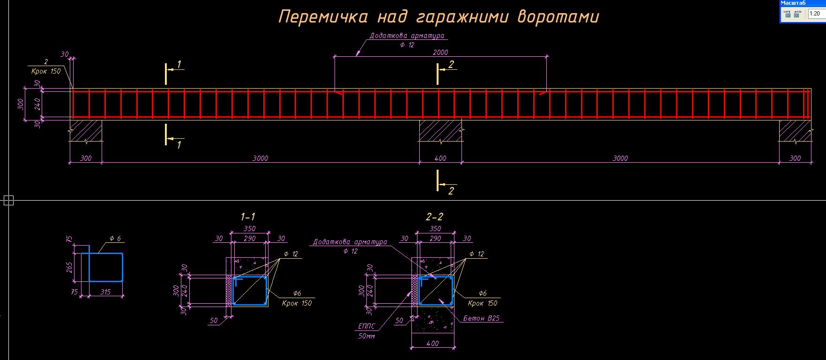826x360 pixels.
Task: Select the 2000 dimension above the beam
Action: [440, 52]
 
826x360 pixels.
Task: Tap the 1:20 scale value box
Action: [816, 14]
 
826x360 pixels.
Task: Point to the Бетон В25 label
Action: [482, 318]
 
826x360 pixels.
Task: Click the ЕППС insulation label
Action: [367, 327]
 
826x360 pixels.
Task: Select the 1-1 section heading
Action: [248, 217]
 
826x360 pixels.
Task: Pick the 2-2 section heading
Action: [434, 217]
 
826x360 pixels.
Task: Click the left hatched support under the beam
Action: [86, 130]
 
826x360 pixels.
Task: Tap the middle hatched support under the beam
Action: [440, 130]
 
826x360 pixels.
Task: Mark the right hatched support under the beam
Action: [795, 130]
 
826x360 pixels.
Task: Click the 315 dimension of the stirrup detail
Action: [106, 292]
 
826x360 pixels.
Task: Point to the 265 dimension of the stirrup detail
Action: [69, 268]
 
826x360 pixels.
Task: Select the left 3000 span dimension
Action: [260, 158]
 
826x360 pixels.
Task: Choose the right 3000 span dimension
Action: [620, 158]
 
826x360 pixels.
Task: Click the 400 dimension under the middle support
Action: [440, 158]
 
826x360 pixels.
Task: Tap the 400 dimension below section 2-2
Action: [433, 344]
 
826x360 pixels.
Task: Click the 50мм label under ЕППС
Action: [367, 336]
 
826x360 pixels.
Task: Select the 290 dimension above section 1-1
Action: [250, 239]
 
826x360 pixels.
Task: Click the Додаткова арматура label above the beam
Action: [407, 36]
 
